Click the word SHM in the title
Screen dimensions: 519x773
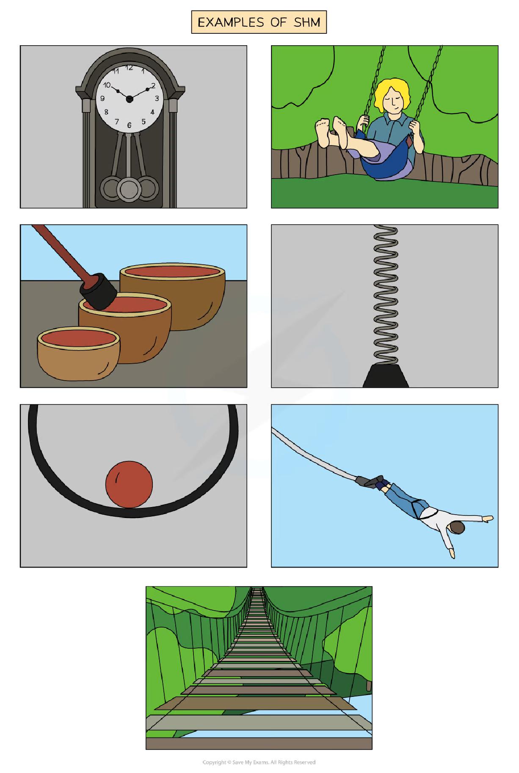click(307, 22)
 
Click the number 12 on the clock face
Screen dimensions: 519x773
click(130, 67)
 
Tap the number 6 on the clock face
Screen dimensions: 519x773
click(129, 125)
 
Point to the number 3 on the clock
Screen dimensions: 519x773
click(157, 99)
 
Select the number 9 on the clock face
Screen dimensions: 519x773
click(102, 99)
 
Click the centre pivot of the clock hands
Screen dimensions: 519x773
click(130, 99)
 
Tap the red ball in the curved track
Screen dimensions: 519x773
click(129, 484)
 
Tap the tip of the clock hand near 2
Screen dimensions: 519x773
click(148, 89)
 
